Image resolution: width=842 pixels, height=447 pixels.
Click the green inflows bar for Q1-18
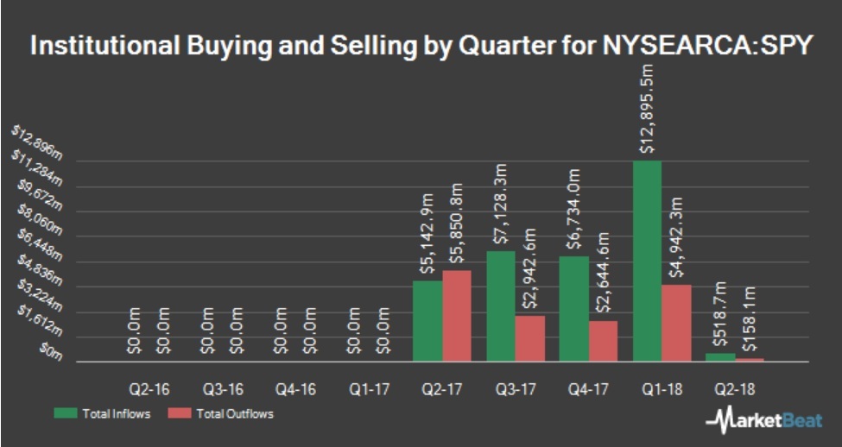647,261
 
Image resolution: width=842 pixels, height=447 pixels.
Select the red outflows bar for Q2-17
457,316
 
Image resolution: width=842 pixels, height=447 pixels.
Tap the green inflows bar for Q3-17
501,305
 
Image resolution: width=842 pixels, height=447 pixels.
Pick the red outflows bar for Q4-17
604,341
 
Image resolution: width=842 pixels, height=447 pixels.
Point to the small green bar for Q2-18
720,356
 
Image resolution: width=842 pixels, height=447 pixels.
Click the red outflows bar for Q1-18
677,323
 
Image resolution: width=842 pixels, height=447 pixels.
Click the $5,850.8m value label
457,225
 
